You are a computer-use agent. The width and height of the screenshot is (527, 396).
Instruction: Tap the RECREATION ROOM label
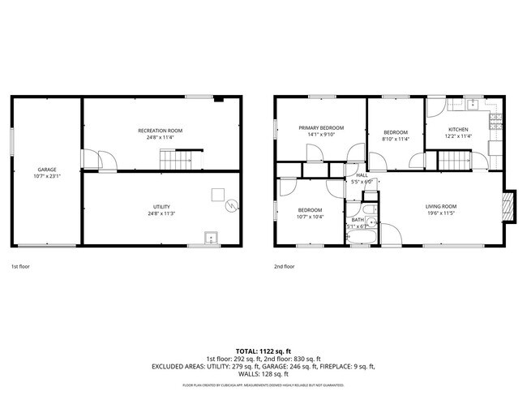160,131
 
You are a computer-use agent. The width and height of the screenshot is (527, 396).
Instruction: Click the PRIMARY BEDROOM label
321,127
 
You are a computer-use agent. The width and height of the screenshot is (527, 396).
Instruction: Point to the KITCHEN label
459,130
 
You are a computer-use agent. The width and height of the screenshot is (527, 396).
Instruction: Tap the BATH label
358,220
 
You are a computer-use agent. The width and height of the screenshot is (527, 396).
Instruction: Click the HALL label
362,175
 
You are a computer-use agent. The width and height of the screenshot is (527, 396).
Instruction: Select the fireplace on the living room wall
508,204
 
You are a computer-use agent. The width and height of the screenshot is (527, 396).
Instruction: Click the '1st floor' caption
21,266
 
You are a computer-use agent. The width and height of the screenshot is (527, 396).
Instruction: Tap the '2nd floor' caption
284,266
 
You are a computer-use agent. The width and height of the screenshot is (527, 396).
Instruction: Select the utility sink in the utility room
211,238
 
